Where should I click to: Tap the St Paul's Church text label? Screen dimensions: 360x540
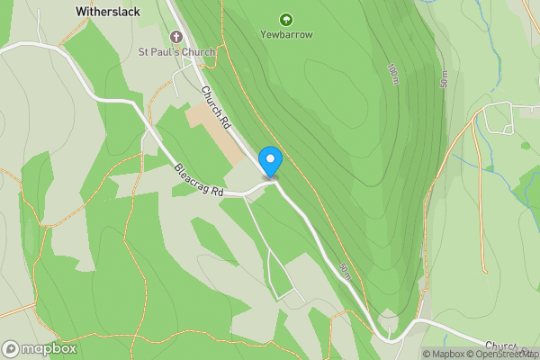[x=176, y=52]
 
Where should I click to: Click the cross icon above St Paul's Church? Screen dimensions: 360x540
[x=175, y=37]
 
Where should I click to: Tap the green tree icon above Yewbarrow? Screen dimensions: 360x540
[x=286, y=18]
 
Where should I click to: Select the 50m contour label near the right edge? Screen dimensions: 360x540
[x=444, y=79]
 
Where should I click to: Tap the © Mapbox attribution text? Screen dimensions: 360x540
[x=442, y=354]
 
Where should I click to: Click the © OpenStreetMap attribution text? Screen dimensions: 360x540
[x=500, y=354]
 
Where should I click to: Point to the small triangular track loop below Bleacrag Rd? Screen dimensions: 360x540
[x=280, y=274]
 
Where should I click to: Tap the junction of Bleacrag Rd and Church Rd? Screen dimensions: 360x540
[x=273, y=183]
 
